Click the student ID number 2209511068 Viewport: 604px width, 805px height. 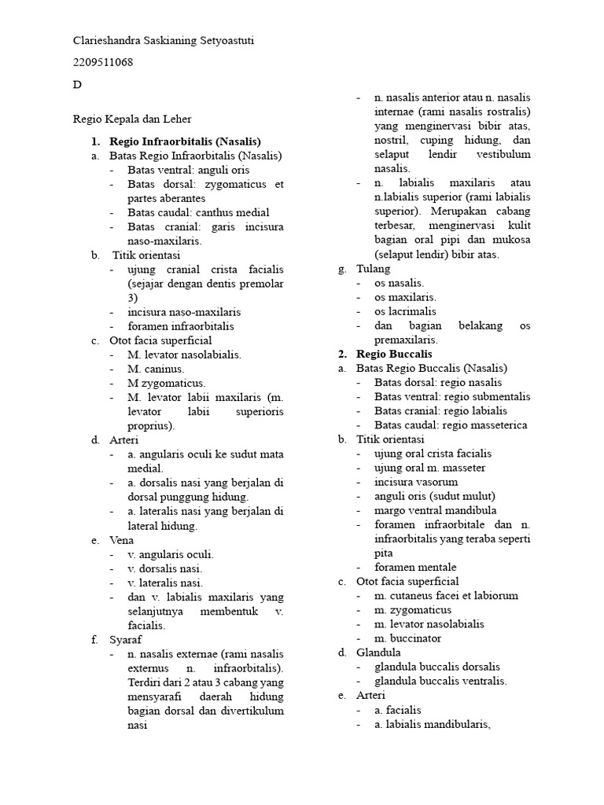click(103, 63)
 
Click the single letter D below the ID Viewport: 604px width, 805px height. click(77, 85)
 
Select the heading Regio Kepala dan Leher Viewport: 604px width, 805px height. click(132, 119)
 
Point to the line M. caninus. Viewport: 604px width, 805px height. click(156, 369)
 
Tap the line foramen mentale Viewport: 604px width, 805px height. click(415, 567)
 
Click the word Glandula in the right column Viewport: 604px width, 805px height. click(378, 652)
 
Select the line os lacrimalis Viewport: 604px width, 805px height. click(406, 311)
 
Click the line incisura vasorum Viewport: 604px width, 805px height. click(416, 482)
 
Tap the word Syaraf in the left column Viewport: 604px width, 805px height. click(126, 640)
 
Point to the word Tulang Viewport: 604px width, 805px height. click(373, 269)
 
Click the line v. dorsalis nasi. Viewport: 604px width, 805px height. click(165, 568)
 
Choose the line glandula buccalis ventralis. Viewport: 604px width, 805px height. click(440, 681)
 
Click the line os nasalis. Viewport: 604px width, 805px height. click(400, 283)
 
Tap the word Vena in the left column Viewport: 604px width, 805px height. click(122, 540)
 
